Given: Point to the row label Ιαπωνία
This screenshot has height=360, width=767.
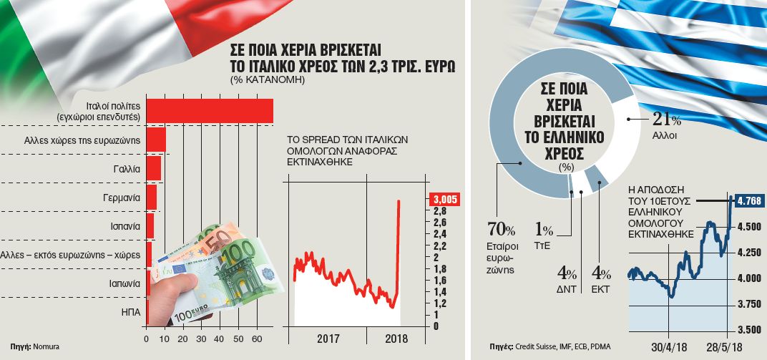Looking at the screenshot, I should (121, 282).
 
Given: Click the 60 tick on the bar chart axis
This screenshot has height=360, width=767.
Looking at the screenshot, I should (258, 339).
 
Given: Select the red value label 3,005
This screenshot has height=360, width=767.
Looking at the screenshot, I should (443, 200).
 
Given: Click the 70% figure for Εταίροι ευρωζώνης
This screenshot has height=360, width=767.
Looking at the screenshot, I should (500, 230).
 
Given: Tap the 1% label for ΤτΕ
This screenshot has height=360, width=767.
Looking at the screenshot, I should (544, 230).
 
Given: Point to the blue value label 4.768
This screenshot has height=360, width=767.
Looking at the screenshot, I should (748, 200).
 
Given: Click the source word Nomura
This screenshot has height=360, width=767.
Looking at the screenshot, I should (45, 347).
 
